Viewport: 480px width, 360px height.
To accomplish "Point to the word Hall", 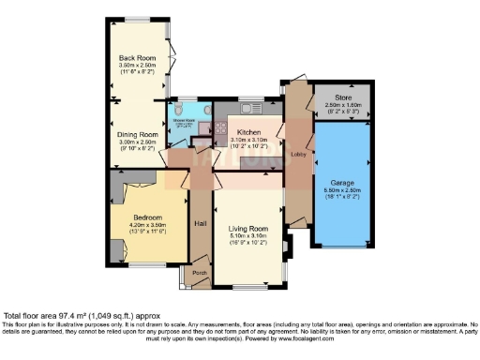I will click(200, 223).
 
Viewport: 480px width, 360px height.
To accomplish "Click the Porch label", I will click(200, 273).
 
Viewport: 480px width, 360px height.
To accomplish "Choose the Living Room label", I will click(248, 228).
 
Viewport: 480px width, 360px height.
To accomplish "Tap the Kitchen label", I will click(248, 133).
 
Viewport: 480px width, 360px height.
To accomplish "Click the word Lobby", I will click(298, 154).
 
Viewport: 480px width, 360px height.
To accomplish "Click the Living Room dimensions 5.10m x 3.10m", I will click(248, 235).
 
